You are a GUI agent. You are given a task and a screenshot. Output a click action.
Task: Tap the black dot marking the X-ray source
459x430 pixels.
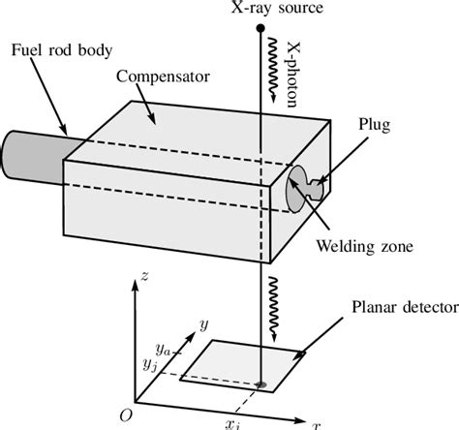pyautogui.click(x=260, y=29)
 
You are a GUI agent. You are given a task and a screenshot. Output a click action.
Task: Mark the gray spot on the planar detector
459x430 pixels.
pyautogui.click(x=260, y=385)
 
